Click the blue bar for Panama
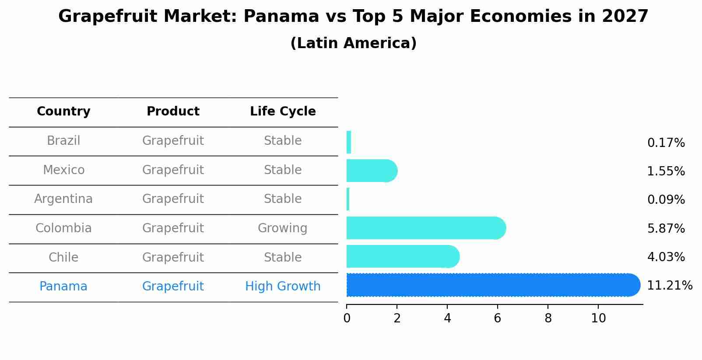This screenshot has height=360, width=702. tap(490, 285)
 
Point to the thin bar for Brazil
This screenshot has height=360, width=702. tap(349, 142)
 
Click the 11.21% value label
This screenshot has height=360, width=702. tap(669, 286)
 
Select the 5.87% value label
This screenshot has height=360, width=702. tap(666, 228)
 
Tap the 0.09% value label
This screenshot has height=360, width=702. tap(666, 200)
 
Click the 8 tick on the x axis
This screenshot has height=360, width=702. tap(548, 318)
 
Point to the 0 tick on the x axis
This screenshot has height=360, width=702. tap(347, 318)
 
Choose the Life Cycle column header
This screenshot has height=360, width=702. tap(283, 112)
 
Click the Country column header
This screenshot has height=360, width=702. tap(63, 112)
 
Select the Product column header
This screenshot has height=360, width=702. tap(173, 112)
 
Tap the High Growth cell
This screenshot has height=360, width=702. tap(283, 287)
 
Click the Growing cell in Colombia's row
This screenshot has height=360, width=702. tap(282, 228)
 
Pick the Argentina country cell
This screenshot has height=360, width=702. tap(63, 199)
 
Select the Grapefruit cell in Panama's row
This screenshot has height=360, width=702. tap(173, 287)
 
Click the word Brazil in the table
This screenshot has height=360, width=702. tap(63, 141)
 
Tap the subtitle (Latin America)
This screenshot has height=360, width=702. tap(353, 43)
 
